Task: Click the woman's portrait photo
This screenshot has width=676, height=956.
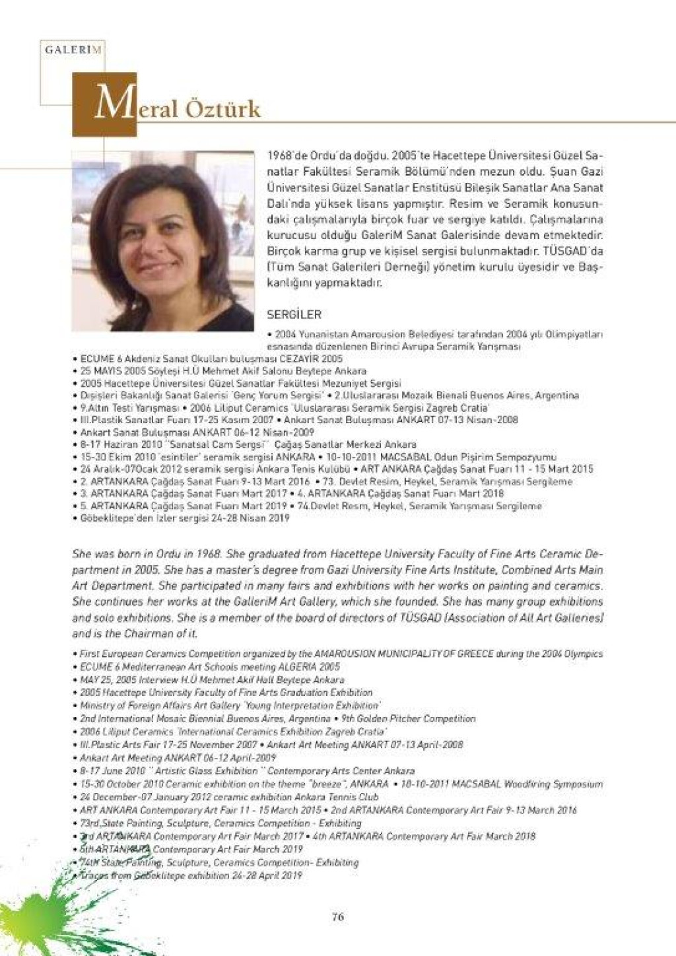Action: tap(162, 241)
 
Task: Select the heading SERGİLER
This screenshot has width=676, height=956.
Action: tap(293, 315)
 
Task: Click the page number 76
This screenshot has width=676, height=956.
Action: tap(337, 916)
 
